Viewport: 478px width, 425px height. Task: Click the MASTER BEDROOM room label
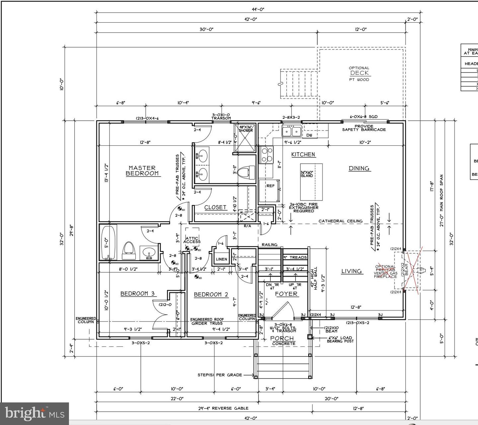click(x=142, y=171)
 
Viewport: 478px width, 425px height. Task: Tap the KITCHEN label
click(x=303, y=154)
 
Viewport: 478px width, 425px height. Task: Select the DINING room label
click(x=359, y=168)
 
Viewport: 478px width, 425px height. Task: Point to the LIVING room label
click(x=352, y=271)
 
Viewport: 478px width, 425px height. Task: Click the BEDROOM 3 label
click(x=137, y=293)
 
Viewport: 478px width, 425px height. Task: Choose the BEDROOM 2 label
click(x=211, y=294)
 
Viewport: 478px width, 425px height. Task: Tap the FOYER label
click(x=286, y=294)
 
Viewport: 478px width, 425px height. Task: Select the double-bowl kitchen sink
click(x=291, y=131)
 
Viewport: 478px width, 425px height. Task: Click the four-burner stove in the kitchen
click(x=266, y=155)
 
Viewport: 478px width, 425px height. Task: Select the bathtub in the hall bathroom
click(x=108, y=243)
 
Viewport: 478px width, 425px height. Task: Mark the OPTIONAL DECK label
click(x=359, y=73)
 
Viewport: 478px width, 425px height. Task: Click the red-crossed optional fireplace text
click(x=386, y=271)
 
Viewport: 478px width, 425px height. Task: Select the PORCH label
click(x=282, y=339)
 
